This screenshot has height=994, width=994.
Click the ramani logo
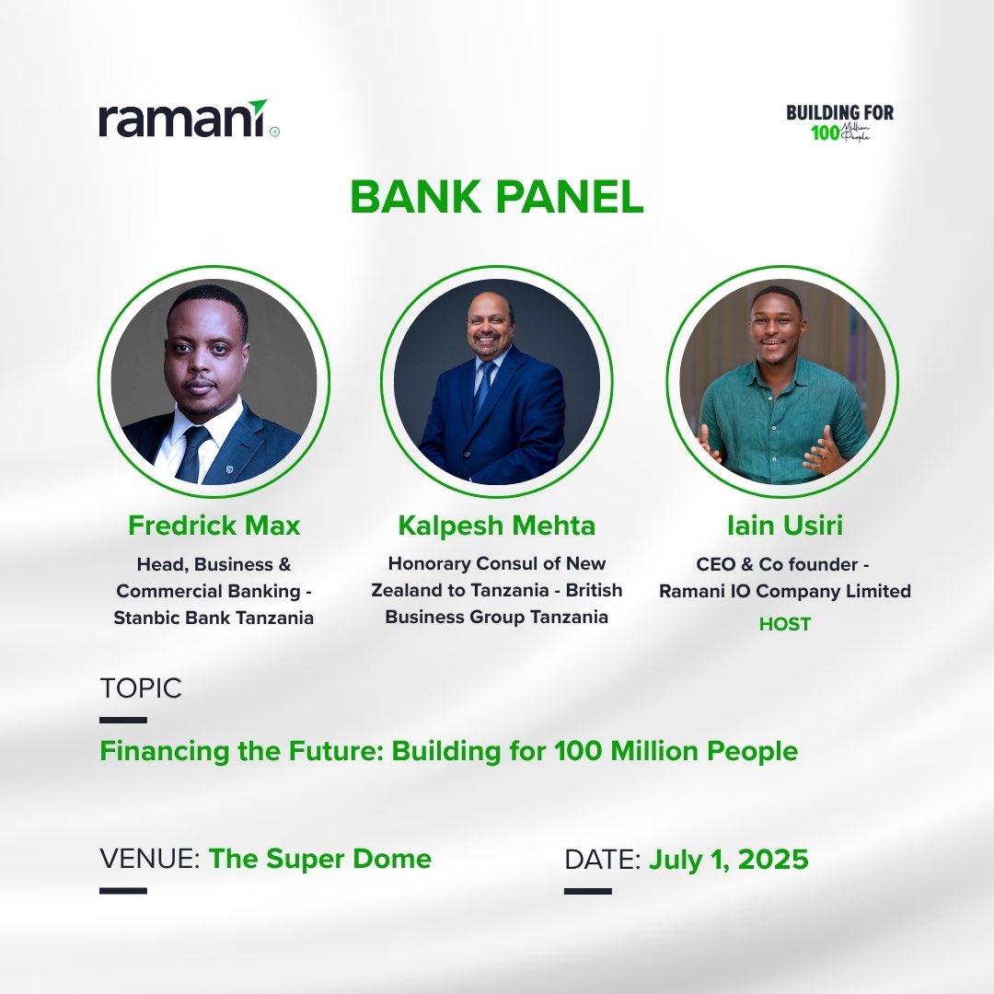pyautogui.click(x=184, y=120)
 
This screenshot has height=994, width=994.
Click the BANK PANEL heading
pyautogui.click(x=497, y=196)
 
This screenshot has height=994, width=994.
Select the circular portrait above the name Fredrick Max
pyautogui.click(x=214, y=381)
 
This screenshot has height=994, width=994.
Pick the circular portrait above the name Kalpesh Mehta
pyautogui.click(x=497, y=381)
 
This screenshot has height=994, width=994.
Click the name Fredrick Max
pyautogui.click(x=214, y=526)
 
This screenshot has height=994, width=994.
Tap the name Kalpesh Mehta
pyautogui.click(x=497, y=526)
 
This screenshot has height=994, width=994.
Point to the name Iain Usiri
pyautogui.click(x=784, y=526)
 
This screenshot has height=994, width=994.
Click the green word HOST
pyautogui.click(x=784, y=624)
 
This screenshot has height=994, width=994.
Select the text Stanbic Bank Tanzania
pyautogui.click(x=214, y=618)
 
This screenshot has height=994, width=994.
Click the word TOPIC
pyautogui.click(x=140, y=688)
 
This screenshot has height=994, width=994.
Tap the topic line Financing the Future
pyautogui.click(x=448, y=751)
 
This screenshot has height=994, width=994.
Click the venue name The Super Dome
pyautogui.click(x=319, y=859)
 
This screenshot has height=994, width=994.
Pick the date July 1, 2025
pyautogui.click(x=729, y=859)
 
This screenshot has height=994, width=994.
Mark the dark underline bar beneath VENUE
pyautogui.click(x=122, y=890)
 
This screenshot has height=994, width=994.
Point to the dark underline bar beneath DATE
pyautogui.click(x=587, y=890)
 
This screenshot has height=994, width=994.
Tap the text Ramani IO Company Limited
pyautogui.click(x=784, y=591)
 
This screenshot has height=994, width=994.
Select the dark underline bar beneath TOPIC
pyautogui.click(x=122, y=720)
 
